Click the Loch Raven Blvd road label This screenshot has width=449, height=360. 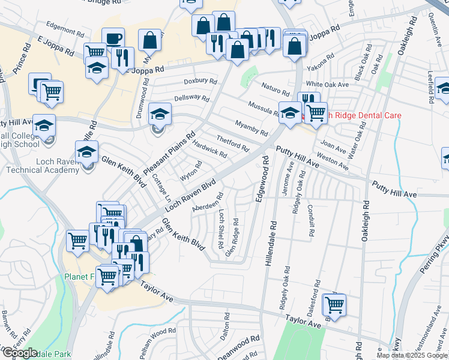click(x=190, y=195)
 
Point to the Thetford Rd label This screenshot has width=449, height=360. click(x=232, y=143)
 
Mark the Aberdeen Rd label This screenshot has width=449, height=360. click(x=208, y=202)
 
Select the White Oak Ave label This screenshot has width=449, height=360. click(x=327, y=85)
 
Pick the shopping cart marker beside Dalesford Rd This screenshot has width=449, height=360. click(x=334, y=304)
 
